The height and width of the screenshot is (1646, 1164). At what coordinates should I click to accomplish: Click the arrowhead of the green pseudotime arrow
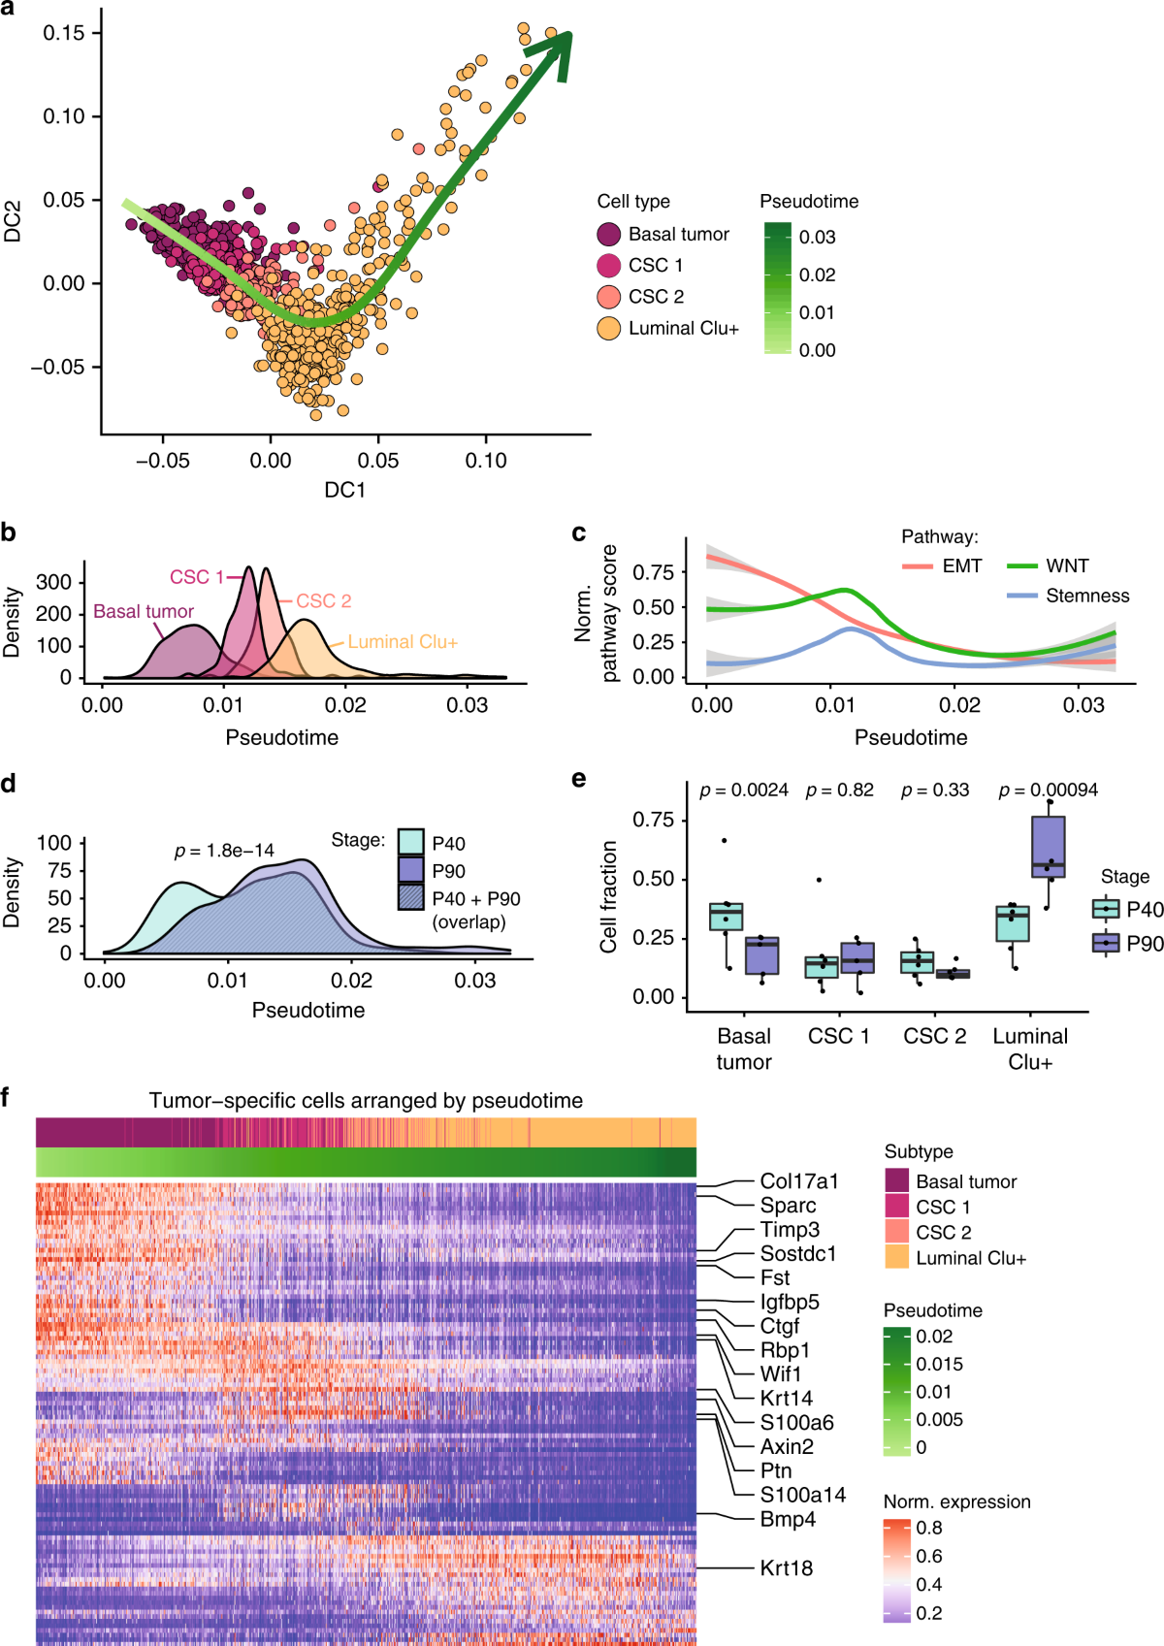point(559,50)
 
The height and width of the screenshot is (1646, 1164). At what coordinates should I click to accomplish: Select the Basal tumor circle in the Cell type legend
point(609,234)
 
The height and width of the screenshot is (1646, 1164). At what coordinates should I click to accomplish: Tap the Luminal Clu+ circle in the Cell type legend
point(609,328)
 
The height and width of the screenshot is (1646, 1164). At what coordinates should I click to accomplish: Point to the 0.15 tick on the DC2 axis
point(64,33)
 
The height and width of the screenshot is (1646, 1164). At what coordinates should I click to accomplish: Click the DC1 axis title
point(344,490)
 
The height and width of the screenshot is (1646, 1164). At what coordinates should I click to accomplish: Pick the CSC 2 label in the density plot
point(323,601)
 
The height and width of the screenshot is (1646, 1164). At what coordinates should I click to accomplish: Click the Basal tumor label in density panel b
point(144,611)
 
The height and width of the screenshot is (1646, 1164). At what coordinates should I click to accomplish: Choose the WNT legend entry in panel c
point(1067,565)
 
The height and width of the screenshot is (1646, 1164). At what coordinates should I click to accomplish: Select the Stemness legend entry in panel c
point(1086,596)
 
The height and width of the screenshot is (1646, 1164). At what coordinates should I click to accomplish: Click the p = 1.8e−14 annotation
point(224,851)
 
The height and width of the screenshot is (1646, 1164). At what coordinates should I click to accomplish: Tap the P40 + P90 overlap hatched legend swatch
point(411,897)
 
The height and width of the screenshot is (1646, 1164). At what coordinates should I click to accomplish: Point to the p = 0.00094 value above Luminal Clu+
point(1049,791)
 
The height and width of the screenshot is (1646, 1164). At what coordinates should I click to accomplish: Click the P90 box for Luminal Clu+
point(1049,847)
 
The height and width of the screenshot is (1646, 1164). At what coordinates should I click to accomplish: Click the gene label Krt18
point(786,1567)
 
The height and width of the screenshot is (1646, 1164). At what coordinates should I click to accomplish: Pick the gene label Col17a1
point(798,1181)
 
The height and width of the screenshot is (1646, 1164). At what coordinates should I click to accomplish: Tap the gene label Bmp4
point(788,1519)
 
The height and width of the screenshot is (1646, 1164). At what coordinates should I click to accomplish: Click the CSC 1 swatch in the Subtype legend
point(897,1207)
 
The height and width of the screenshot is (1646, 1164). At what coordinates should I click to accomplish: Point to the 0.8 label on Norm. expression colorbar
point(928,1528)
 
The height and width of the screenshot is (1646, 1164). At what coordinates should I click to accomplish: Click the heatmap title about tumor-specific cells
point(366,1101)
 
